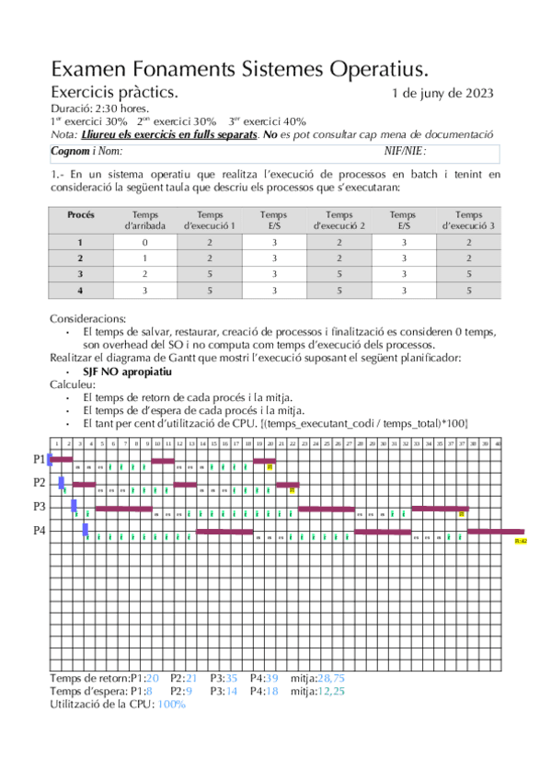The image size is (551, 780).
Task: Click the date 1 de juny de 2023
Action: point(443,93)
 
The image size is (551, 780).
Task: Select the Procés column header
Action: point(80,214)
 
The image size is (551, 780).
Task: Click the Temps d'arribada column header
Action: point(143,219)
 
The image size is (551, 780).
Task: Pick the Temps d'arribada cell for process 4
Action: point(143,291)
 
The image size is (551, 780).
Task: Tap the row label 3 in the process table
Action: point(80,274)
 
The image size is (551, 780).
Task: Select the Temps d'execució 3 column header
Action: point(468,219)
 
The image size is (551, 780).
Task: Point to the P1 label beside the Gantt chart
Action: point(40,458)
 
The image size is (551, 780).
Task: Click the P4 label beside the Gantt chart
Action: point(40,531)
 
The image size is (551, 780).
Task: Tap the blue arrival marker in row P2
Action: point(62,482)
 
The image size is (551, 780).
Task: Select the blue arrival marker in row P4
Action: point(85,529)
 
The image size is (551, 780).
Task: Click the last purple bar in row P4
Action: point(497,532)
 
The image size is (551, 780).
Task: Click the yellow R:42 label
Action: point(521,542)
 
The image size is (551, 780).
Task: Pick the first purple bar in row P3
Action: point(123,508)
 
